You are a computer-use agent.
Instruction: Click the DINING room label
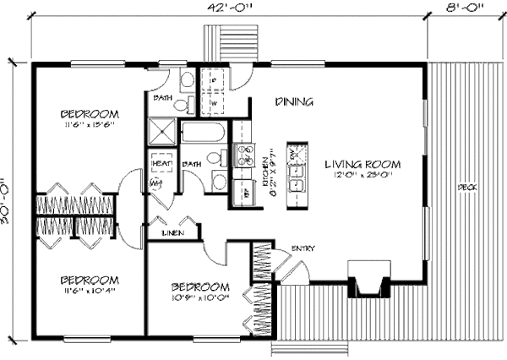pyautogui.click(x=295, y=102)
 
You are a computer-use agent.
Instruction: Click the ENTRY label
pyautogui.click(x=304, y=248)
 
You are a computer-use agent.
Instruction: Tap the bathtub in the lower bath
pyautogui.click(x=203, y=134)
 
